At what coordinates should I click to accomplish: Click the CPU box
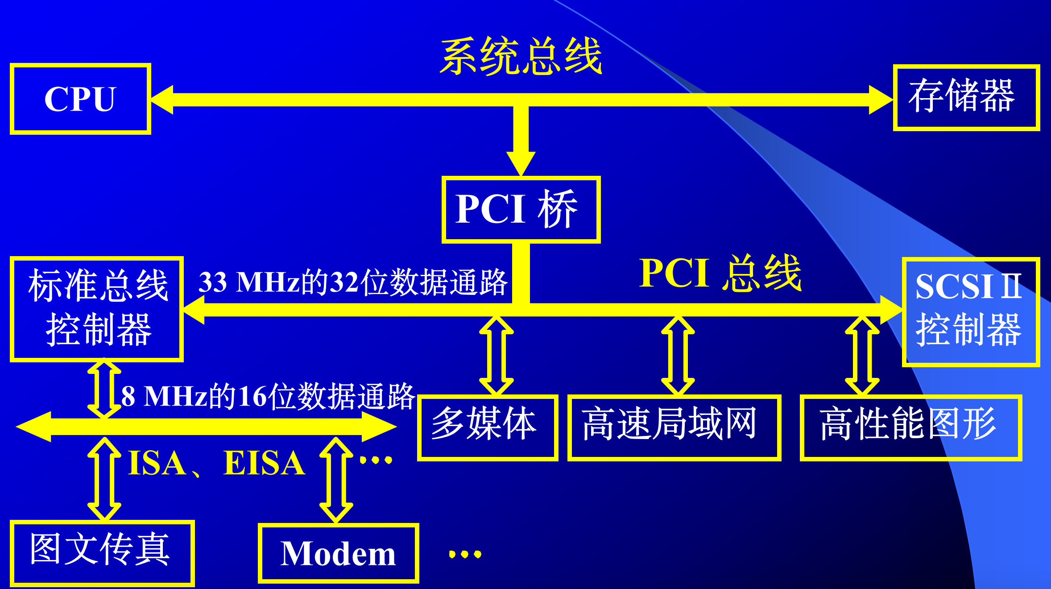click(80, 99)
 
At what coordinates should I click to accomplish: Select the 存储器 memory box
click(966, 97)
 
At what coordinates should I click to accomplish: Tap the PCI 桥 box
click(521, 209)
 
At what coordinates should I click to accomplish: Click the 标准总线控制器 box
click(97, 309)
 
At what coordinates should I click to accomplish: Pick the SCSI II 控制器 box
click(971, 311)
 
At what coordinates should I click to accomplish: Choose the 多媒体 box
click(487, 427)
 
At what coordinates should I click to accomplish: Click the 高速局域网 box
click(674, 427)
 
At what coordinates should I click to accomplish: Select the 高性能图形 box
click(910, 427)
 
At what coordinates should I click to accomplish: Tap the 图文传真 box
click(102, 552)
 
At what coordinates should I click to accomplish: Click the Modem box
click(338, 553)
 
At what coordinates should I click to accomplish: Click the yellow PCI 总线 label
click(720, 273)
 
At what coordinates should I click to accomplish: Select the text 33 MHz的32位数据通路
click(353, 282)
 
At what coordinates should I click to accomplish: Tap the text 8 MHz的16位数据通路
click(268, 396)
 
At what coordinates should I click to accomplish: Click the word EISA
click(264, 463)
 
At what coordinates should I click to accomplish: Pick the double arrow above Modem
click(336, 480)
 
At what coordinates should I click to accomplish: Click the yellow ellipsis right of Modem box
click(465, 554)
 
